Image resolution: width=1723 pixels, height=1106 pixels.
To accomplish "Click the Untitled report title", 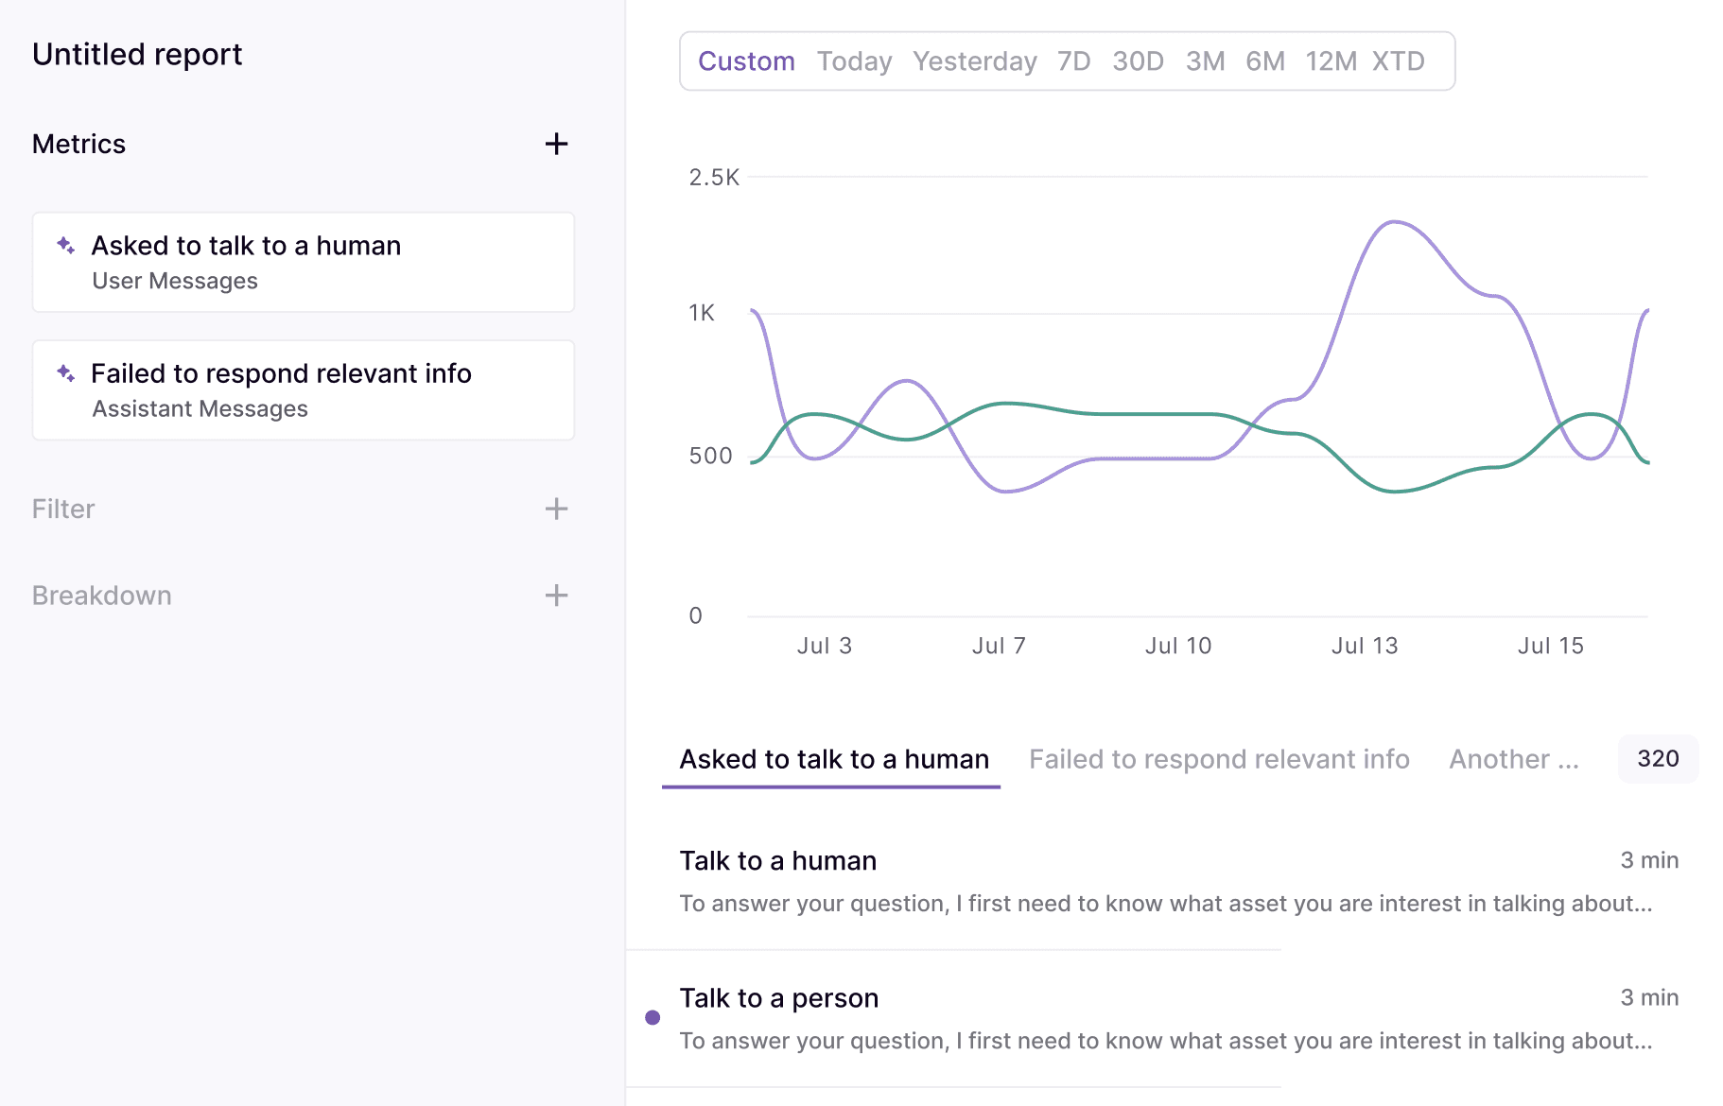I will point(137,55).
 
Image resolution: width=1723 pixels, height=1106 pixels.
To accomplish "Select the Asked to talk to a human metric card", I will point(303,262).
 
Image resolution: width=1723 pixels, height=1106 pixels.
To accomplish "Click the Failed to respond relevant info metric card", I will point(303,389).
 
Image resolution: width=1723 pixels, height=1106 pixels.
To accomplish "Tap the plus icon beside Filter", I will point(556,509).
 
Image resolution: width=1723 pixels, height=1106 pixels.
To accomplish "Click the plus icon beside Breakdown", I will point(556,596).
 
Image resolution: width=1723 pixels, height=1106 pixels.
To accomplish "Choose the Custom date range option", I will point(746,61).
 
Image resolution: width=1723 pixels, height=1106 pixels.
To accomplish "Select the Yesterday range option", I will point(974,61).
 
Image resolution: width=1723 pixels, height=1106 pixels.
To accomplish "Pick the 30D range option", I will point(1138,61).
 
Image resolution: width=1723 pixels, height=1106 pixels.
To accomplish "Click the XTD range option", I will point(1398,61).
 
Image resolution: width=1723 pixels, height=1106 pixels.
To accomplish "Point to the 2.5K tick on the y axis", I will point(713,178).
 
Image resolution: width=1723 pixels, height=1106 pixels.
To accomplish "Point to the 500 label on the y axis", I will point(710,456).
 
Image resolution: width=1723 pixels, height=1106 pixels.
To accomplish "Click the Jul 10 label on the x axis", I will point(1177,646).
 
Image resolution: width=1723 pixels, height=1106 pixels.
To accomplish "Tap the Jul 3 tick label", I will point(824,646).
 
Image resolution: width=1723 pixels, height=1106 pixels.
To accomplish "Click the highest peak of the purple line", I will point(1394,222).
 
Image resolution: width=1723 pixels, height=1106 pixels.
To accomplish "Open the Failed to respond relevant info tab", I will point(1219,759).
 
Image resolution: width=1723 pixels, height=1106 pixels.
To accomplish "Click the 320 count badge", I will point(1658,759).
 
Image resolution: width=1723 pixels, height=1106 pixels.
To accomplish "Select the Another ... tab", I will point(1513,759).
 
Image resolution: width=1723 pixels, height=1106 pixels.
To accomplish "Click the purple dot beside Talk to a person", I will point(653,1018).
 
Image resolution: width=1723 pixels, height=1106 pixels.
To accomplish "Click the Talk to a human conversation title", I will point(777,861).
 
